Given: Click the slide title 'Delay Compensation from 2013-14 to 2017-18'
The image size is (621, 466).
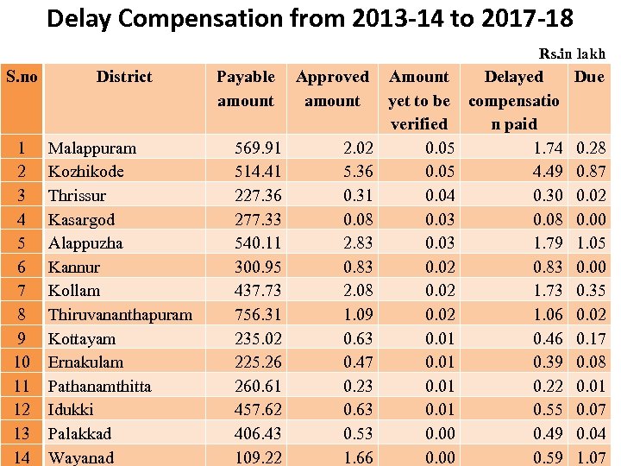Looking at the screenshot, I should tap(310, 18).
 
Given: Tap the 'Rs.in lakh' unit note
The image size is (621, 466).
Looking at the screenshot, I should tap(572, 54).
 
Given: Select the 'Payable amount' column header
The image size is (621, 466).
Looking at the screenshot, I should tap(246, 89).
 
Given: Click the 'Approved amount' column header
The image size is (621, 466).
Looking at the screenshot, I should tap(332, 89).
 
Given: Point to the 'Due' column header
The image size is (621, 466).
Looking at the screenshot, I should tap(589, 77).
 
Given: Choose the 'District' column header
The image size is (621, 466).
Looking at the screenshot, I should tap(124, 77).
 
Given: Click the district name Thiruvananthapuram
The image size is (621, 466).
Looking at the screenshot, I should tap(120, 315).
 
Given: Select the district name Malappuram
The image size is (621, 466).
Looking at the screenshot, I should tap(91, 148).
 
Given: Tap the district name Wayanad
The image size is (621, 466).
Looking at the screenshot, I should tap(81, 457).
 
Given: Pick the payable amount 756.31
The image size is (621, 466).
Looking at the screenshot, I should tap(258, 315).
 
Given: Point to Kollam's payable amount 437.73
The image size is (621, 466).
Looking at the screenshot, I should tap(258, 291).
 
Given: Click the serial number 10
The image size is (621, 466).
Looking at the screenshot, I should tap(22, 362).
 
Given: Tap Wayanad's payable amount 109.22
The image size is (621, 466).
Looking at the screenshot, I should tap(258, 457).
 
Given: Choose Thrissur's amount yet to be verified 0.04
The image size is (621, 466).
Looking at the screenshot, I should tap(441, 196).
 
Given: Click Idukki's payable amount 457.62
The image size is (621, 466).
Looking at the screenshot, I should tap(258, 410).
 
